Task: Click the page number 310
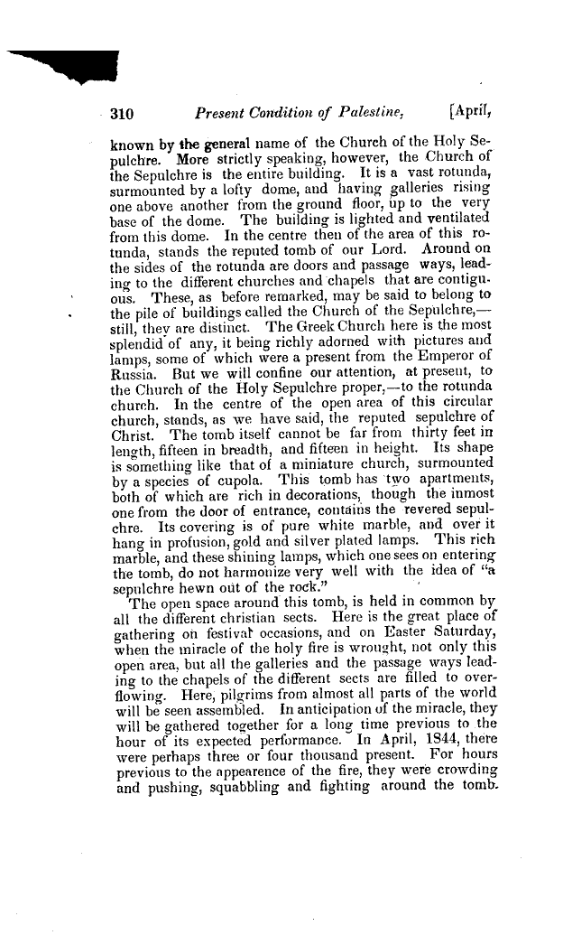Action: pos(122,115)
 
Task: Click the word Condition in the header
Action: pos(268,115)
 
